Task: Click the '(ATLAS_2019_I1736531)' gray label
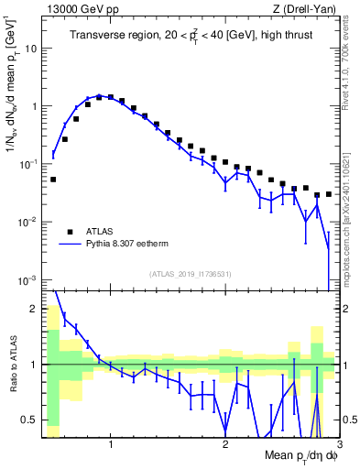point(191,273)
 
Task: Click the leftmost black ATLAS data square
point(53,180)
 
